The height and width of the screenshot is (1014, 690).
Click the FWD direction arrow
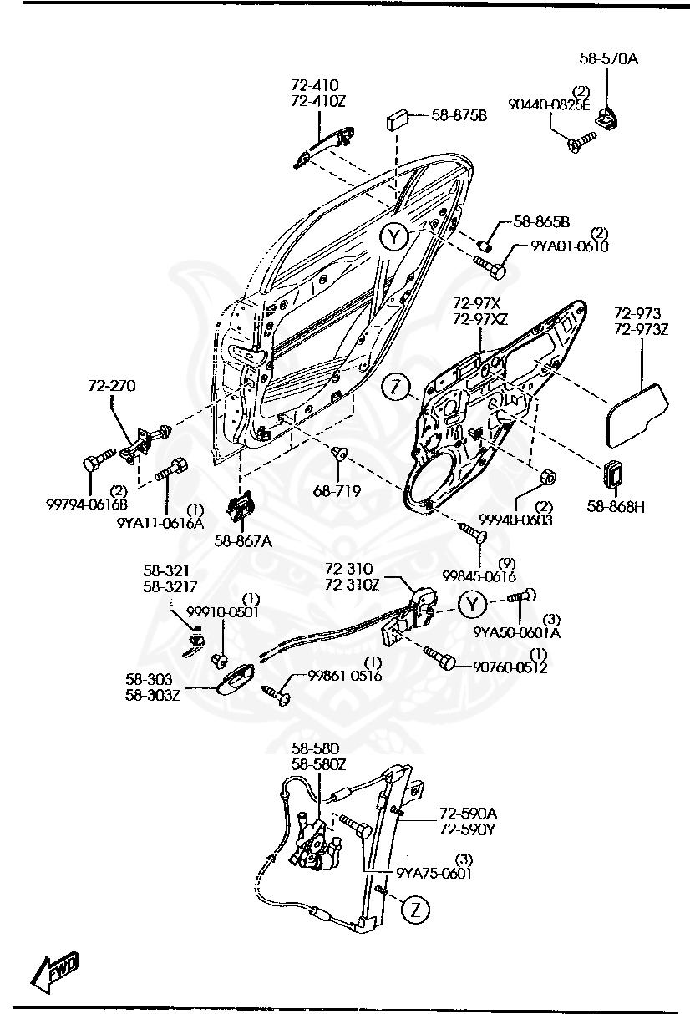pos(54,971)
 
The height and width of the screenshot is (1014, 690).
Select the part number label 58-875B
pos(459,115)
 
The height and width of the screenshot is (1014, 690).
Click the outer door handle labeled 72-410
pos(322,144)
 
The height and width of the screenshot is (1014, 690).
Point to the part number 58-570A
pos(607,58)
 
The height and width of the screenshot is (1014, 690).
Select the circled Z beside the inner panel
pos(398,387)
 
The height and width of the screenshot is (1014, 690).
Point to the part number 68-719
pos(337,491)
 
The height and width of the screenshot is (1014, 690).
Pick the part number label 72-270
pos(112,386)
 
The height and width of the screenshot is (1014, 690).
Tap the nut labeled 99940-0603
pos(547,478)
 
